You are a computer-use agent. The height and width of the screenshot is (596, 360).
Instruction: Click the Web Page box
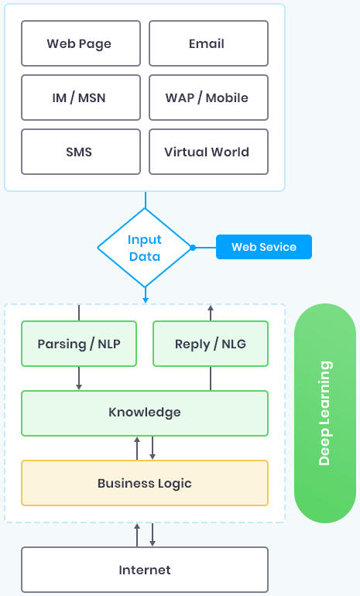click(81, 43)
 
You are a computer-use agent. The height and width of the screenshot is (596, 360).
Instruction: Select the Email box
click(208, 43)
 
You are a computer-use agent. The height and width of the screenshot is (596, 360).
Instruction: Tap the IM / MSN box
click(81, 98)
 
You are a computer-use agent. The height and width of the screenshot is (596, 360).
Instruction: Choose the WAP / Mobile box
click(208, 98)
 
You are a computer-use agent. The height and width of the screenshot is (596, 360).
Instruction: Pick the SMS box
click(81, 152)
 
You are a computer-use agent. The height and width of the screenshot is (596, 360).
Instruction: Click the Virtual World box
click(208, 152)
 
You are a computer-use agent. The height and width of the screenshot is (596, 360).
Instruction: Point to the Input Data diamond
click(145, 248)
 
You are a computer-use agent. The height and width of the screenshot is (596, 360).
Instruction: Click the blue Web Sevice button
click(264, 247)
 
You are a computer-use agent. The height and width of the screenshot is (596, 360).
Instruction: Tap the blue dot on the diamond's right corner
click(193, 248)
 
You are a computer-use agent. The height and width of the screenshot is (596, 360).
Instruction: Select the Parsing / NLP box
click(79, 344)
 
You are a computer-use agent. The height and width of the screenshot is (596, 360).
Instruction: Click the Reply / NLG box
click(211, 344)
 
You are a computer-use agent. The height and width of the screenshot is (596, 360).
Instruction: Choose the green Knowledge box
click(145, 413)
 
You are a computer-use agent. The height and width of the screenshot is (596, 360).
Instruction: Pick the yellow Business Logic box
click(145, 483)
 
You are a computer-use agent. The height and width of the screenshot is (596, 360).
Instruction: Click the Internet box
click(145, 570)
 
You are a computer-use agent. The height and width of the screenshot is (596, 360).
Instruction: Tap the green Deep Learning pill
click(325, 413)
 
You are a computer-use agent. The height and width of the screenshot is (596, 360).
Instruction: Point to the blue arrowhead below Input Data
click(146, 300)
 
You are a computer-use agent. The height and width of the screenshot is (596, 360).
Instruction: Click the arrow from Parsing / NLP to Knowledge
click(79, 378)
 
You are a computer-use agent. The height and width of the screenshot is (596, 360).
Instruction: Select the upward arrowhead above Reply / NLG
click(211, 307)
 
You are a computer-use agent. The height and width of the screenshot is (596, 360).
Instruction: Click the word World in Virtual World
click(230, 152)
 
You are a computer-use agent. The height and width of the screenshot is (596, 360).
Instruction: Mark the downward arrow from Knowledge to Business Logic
click(153, 448)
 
